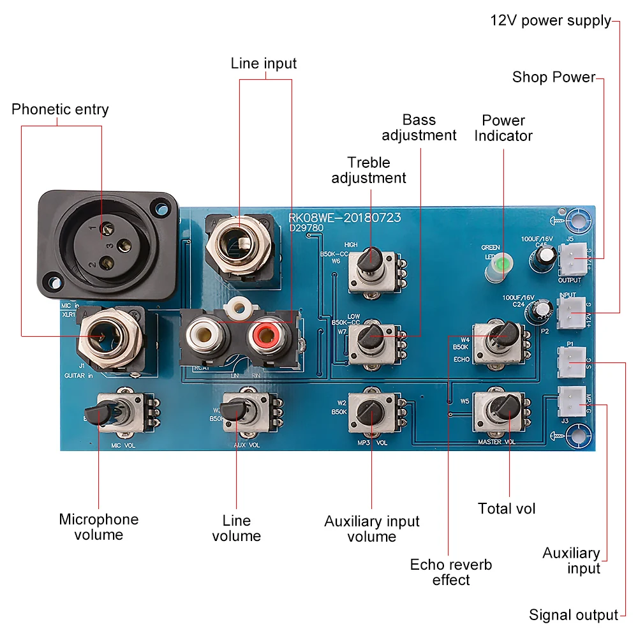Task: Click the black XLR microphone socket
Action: tap(107, 246)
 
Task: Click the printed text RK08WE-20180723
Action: tap(345, 218)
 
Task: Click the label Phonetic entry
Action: tap(60, 109)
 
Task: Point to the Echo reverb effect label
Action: tap(450, 572)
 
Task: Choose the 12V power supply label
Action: tap(551, 20)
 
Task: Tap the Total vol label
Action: tap(507, 508)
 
